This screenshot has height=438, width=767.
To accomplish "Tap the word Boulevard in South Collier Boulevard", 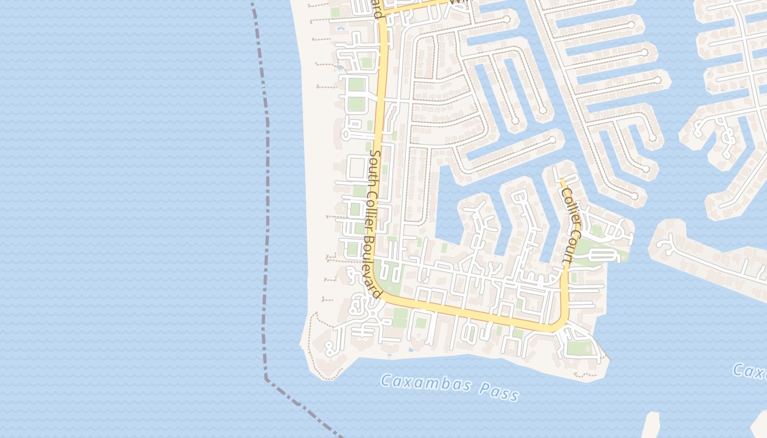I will pos(372,268).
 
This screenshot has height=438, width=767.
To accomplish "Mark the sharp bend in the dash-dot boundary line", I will pos(266,378).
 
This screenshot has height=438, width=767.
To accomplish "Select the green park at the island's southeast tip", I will pos(579,347).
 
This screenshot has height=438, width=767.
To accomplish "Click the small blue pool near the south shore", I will pos(410,349).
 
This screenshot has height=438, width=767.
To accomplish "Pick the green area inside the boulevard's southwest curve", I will pos(392,279).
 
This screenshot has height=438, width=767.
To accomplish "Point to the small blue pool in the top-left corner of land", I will pos(341,28).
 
